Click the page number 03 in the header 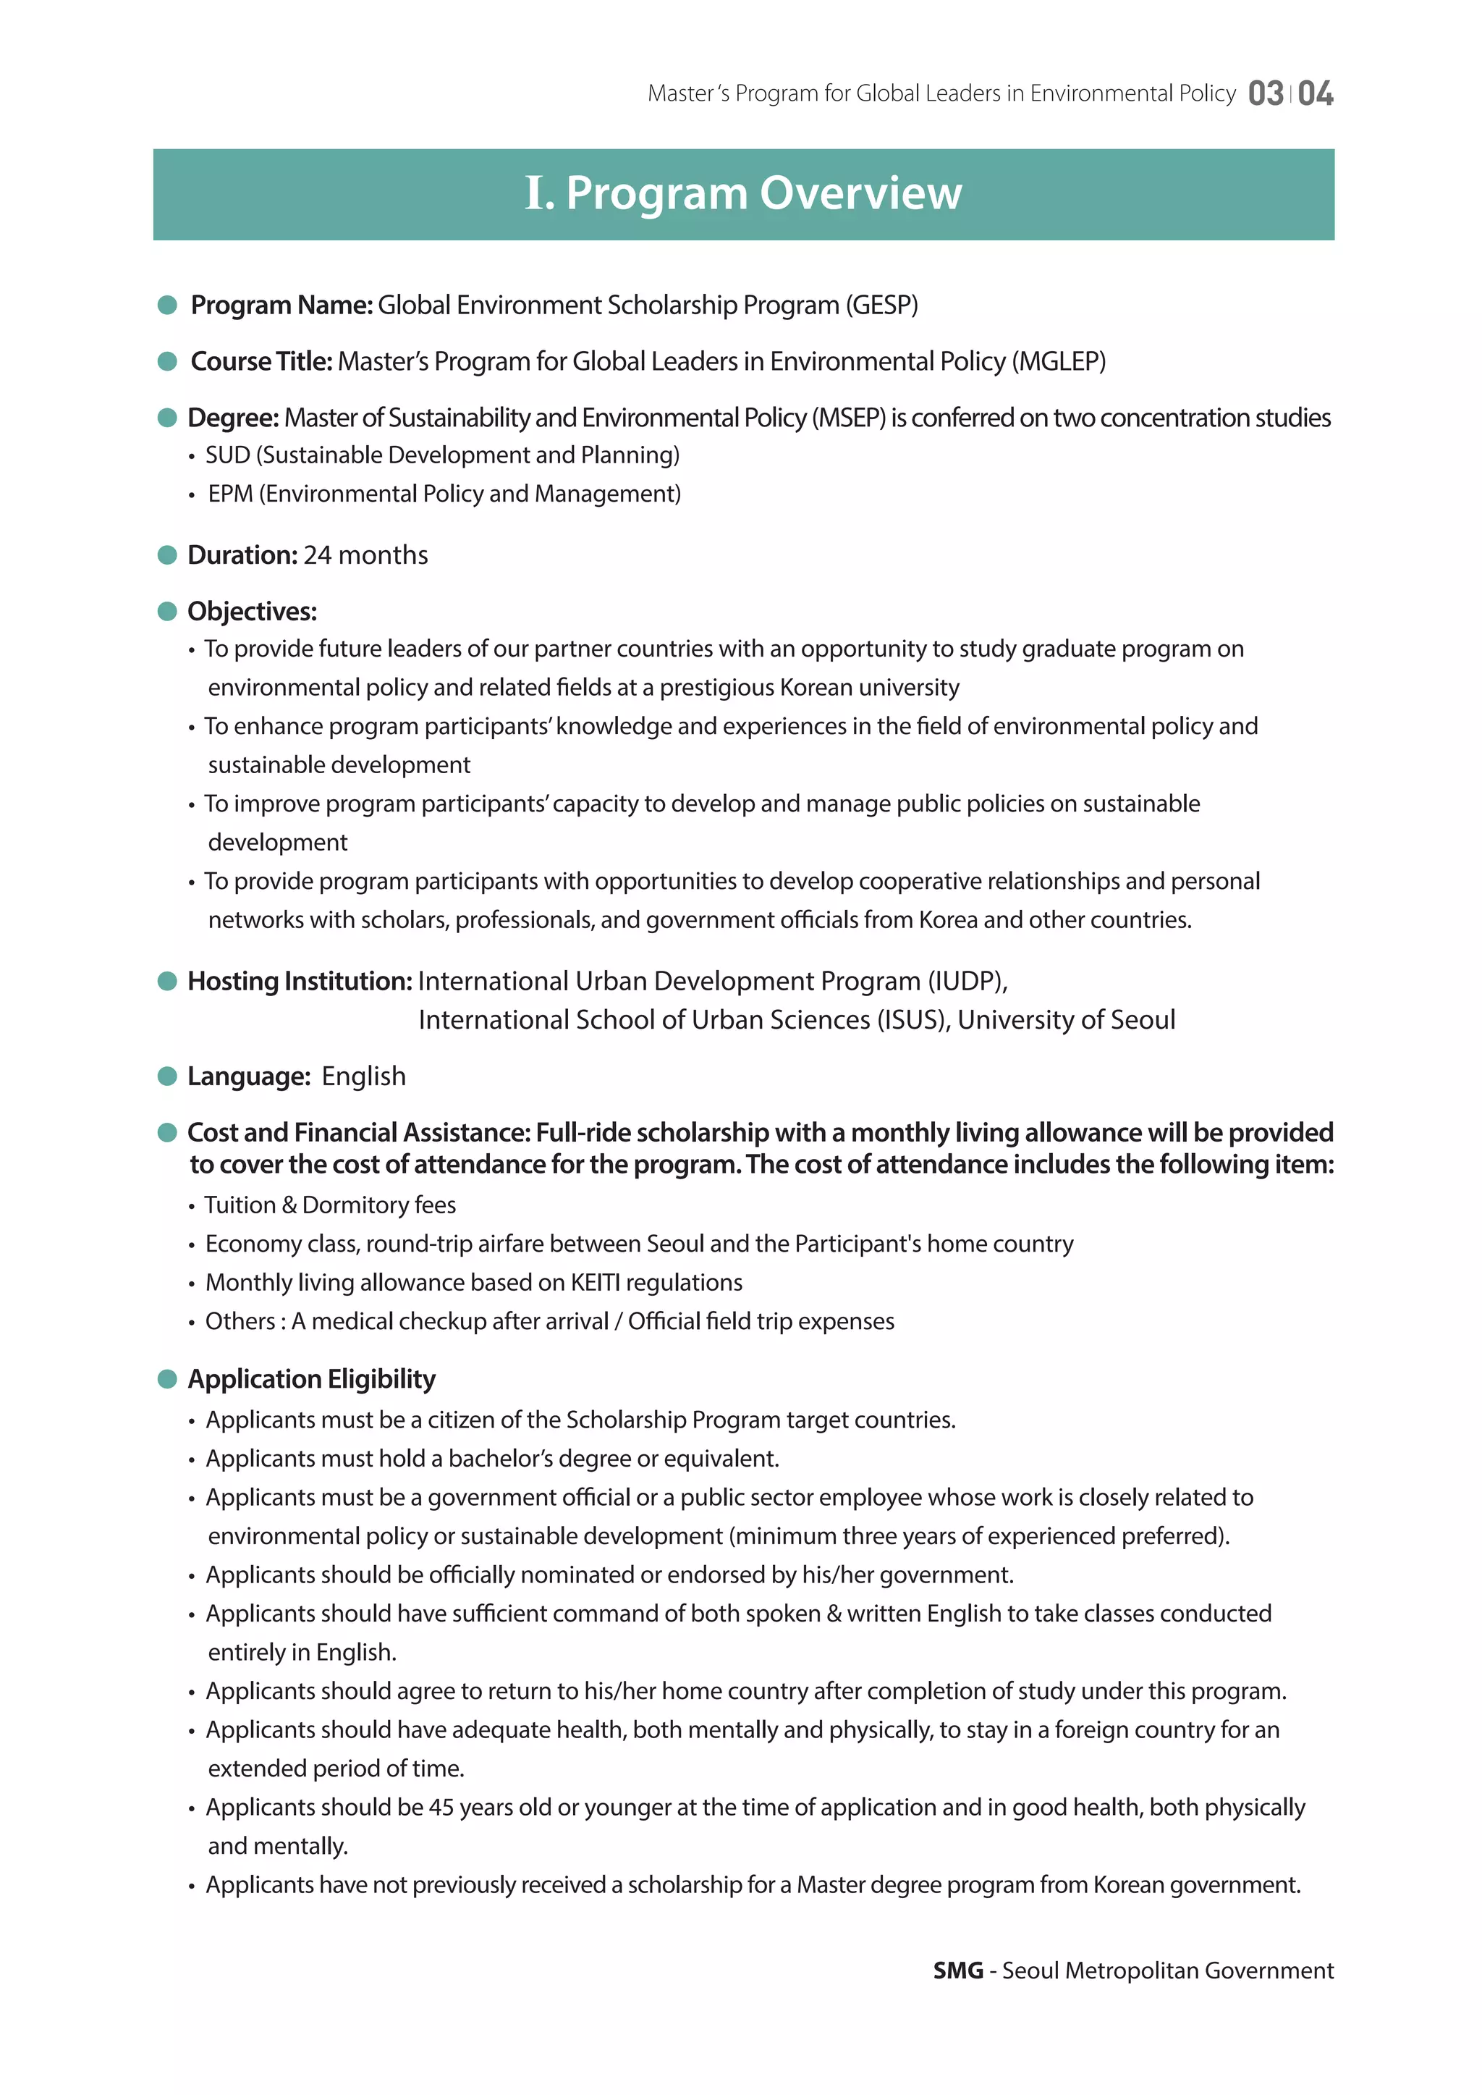point(1265,93)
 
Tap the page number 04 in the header point(1315,93)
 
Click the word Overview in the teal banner point(860,193)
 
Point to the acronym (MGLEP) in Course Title point(1059,361)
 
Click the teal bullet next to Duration point(167,555)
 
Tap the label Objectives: point(252,612)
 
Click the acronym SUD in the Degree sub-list point(227,455)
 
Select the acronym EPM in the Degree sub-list point(230,494)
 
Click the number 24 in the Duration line point(317,555)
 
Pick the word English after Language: point(363,1076)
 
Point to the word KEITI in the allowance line point(595,1283)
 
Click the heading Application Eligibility point(311,1378)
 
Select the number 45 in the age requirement point(441,1808)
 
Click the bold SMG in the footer point(958,1971)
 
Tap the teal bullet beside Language point(167,1076)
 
